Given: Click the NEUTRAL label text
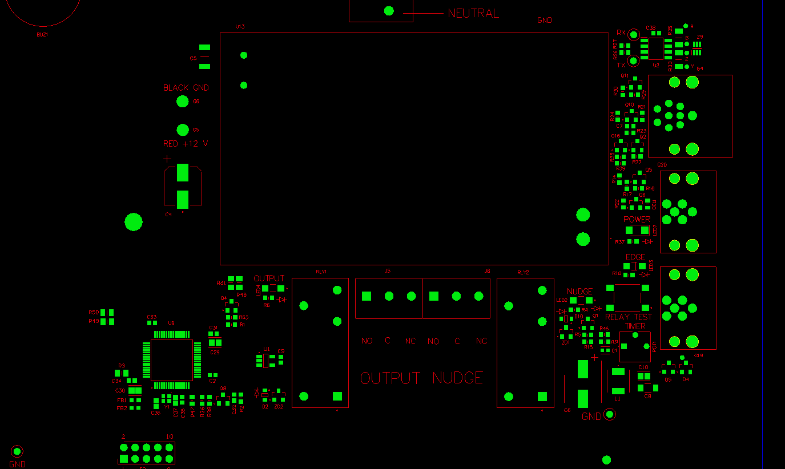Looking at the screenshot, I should (473, 14).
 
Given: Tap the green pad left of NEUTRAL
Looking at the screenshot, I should (389, 11).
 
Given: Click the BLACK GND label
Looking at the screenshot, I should (186, 88).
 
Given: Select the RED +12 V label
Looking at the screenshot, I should (186, 144).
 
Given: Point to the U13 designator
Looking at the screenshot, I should (240, 27).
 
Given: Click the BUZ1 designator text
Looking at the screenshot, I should (42, 34).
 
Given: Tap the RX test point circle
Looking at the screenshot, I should (633, 35).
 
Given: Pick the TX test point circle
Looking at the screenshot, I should (633, 60).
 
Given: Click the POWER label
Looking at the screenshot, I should (637, 219).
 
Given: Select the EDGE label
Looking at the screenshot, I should (635, 257).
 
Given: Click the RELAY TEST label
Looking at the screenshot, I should (629, 317).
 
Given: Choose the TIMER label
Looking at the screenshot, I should (635, 326).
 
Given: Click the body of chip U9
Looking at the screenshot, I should (171, 359).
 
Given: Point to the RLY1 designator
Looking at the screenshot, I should (321, 272).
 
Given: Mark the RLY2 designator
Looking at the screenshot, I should (523, 272).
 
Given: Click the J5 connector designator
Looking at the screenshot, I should (388, 271).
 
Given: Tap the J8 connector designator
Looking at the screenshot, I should (487, 271).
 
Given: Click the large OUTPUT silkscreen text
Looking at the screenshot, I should (391, 378).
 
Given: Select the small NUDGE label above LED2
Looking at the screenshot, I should (579, 292).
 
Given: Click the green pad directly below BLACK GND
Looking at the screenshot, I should (182, 102).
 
